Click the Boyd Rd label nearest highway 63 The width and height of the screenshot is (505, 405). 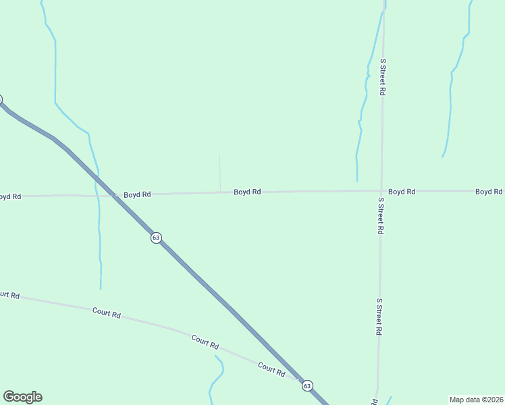(137, 194)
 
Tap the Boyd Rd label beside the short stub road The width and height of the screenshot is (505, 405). (247, 192)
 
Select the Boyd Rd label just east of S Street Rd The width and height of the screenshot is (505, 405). (401, 192)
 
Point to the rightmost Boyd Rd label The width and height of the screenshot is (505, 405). (488, 192)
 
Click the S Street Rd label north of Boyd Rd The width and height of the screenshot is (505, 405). (382, 76)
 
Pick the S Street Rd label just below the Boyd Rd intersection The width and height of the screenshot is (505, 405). (381, 215)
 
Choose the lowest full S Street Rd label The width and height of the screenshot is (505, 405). (379, 317)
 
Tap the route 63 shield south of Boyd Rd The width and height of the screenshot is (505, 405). (156, 238)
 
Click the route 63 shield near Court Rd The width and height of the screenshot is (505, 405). (307, 385)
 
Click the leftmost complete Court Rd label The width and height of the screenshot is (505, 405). (107, 313)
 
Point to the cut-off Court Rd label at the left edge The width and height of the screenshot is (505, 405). (9, 295)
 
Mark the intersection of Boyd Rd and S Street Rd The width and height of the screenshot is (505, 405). (381, 191)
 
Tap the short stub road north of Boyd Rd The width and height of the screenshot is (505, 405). (219, 172)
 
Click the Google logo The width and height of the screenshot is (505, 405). (22, 397)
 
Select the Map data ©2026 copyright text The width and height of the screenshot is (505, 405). (476, 399)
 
